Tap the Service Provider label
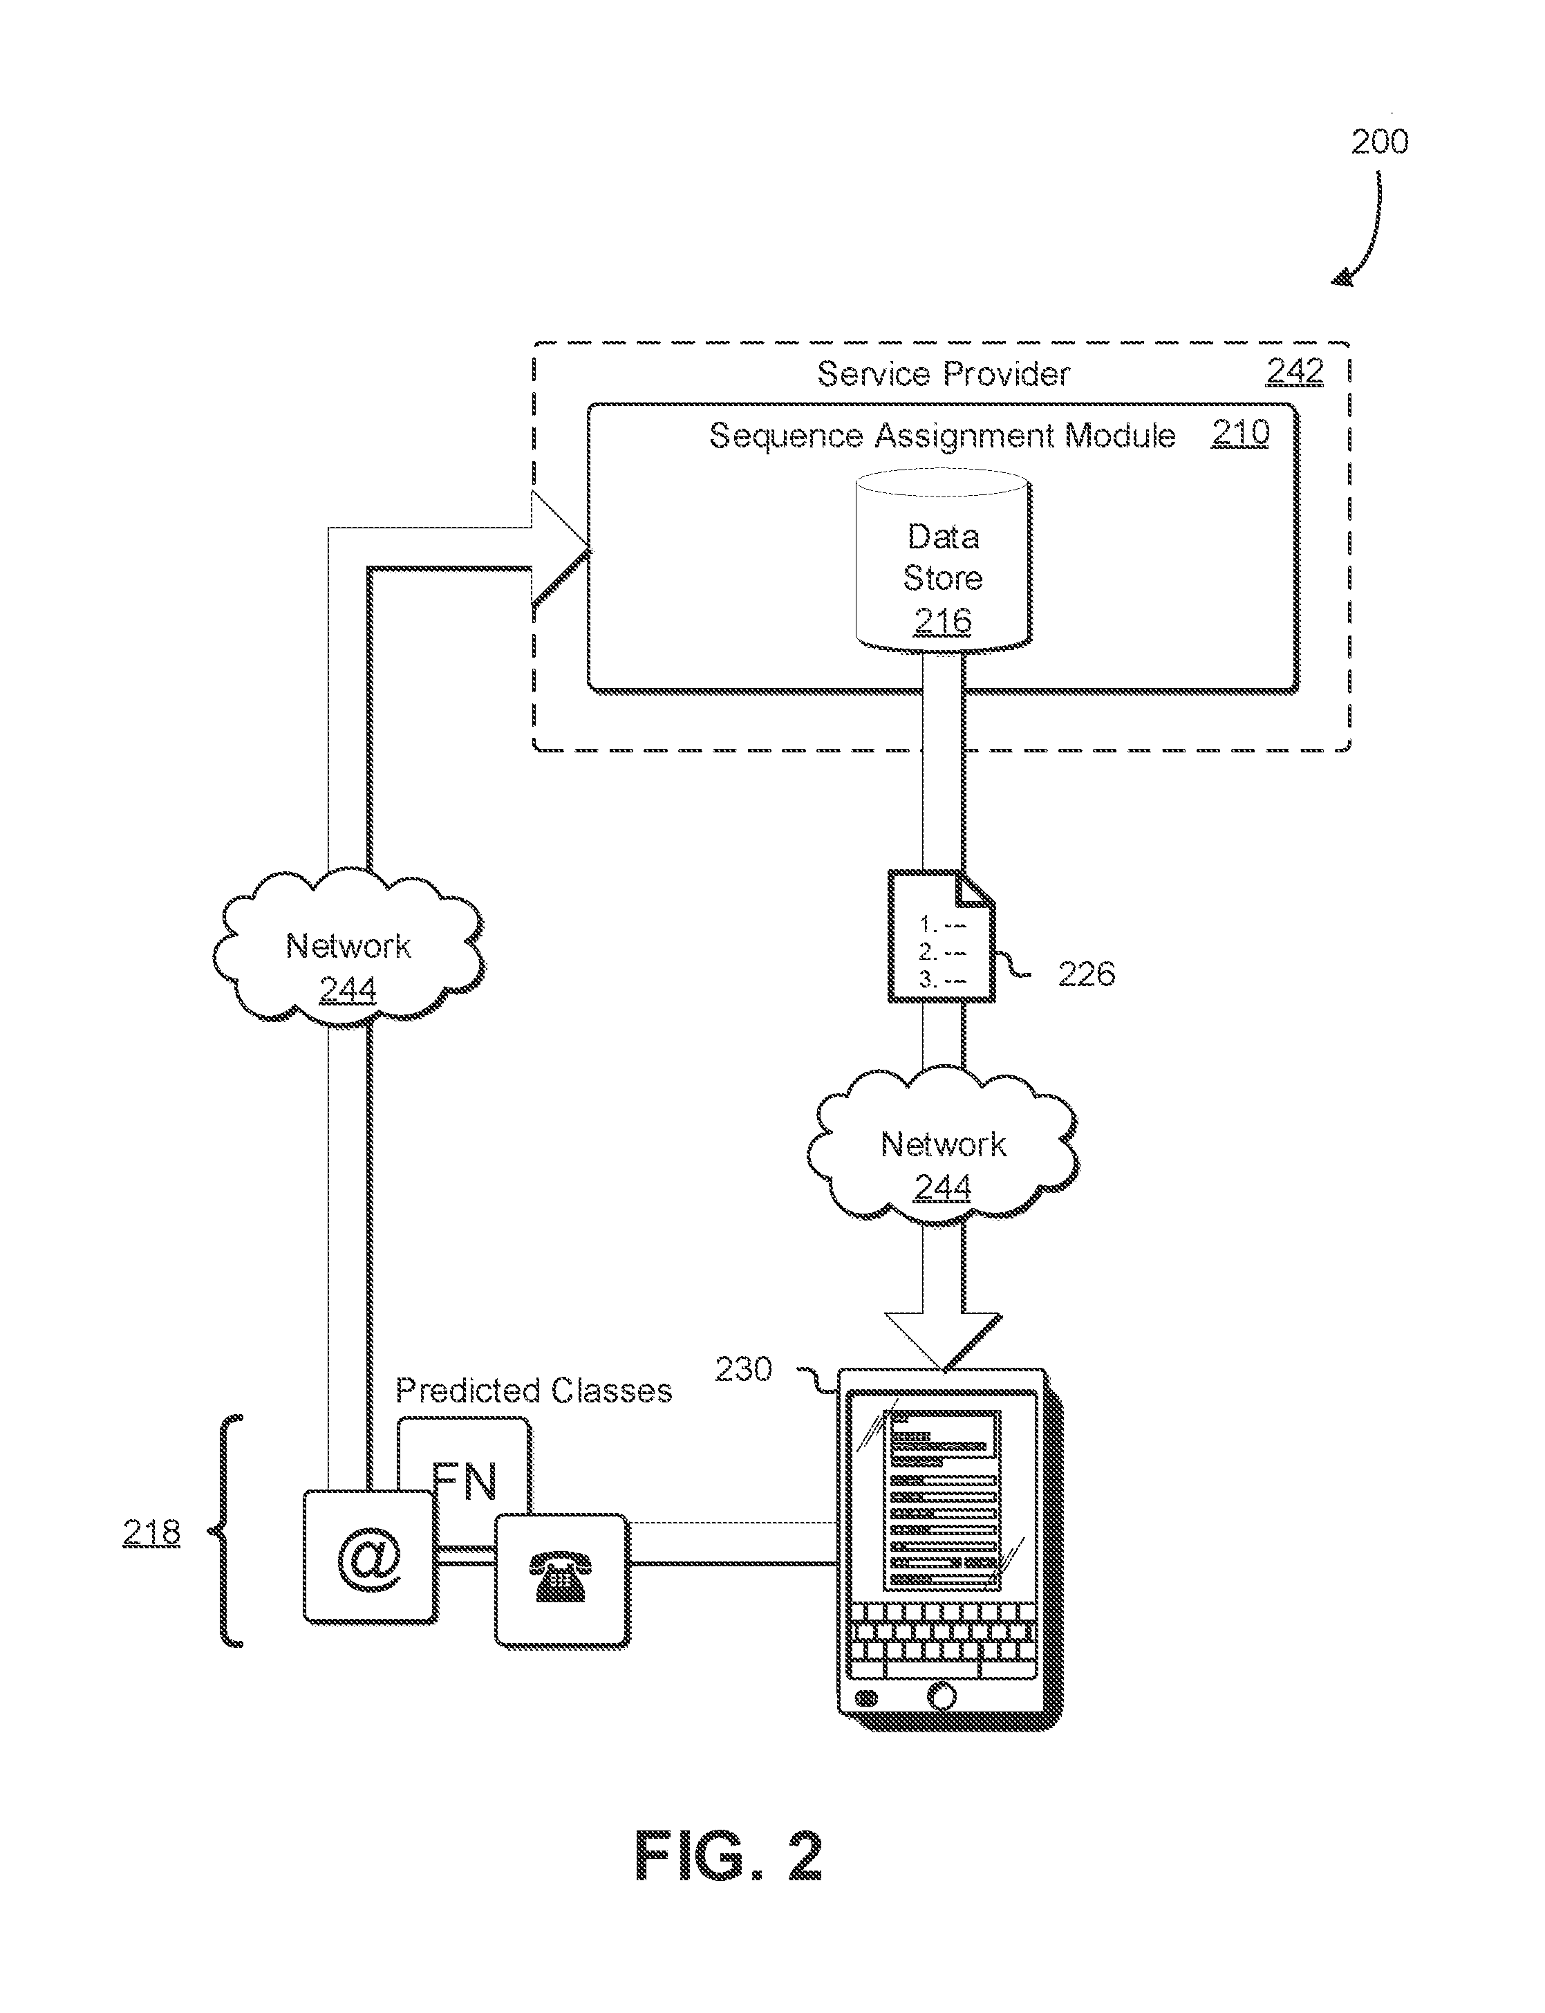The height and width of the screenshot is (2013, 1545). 944,373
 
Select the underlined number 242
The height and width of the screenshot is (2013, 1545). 1295,371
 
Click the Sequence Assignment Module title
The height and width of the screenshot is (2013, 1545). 942,435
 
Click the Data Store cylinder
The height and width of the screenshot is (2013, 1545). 944,560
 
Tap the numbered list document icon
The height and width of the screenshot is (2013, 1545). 942,936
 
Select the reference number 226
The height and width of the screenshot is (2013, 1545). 1086,974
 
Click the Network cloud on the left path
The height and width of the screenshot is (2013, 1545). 348,947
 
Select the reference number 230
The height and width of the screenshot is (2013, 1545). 743,1369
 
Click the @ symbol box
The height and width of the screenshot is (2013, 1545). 370,1557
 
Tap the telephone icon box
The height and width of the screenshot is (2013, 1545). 562,1581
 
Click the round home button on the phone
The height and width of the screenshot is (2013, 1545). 942,1696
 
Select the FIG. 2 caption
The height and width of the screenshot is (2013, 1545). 729,1857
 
